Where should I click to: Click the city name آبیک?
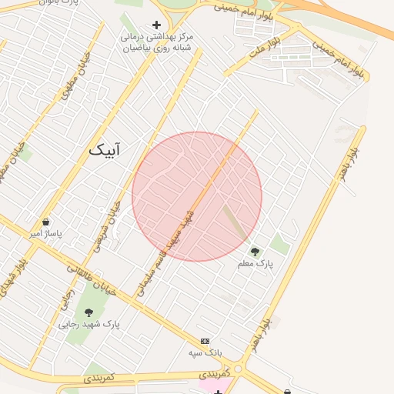pyautogui.click(x=105, y=149)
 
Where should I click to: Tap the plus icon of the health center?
pyautogui.click(x=157, y=25)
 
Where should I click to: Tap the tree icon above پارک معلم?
pyautogui.click(x=255, y=251)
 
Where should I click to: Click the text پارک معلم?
pyautogui.click(x=255, y=264)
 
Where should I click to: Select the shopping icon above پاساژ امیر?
pyautogui.click(x=45, y=222)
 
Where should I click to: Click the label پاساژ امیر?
pyautogui.click(x=45, y=233)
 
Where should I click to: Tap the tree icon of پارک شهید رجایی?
pyautogui.click(x=88, y=312)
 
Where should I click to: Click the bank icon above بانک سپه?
pyautogui.click(x=205, y=340)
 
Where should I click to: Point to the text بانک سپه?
pyautogui.click(x=205, y=352)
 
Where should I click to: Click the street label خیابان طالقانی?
pyautogui.click(x=91, y=280)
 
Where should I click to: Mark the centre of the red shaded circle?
pyautogui.click(x=197, y=196)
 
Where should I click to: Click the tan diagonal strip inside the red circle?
pyautogui.click(x=236, y=222)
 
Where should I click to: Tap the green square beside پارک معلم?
pyautogui.click(x=280, y=245)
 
